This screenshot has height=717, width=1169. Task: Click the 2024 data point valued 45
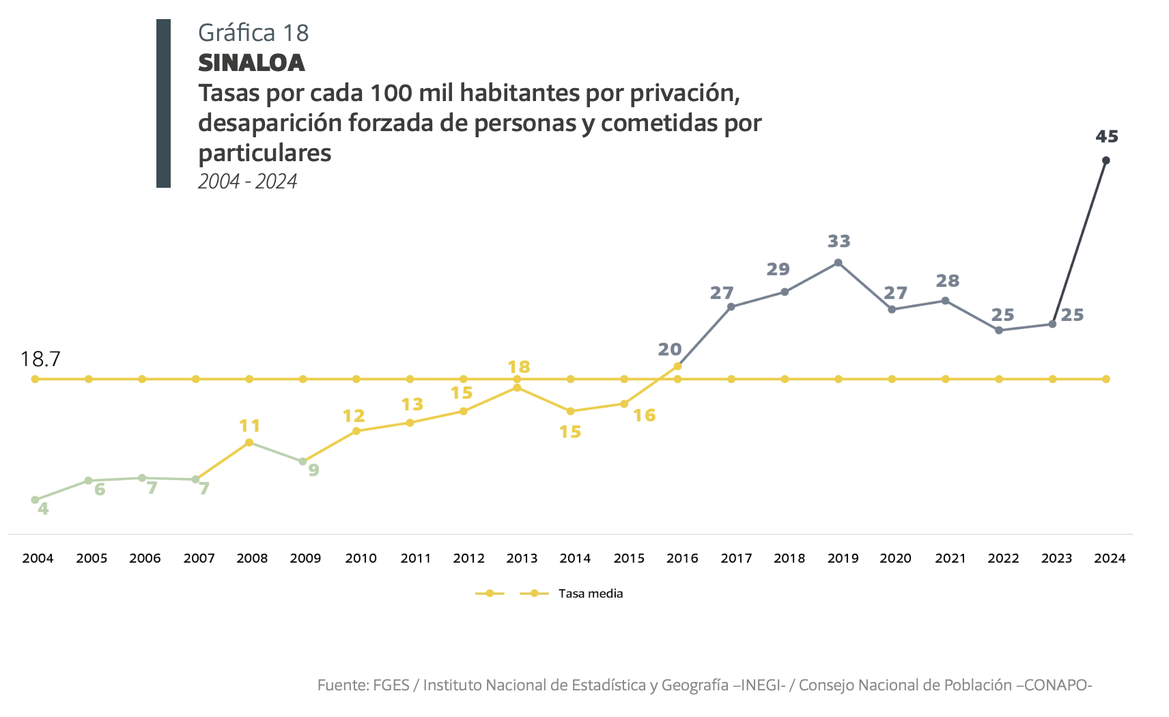coord(1105,160)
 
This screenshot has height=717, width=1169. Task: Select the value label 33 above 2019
coord(839,241)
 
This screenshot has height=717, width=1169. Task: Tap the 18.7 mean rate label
coord(40,358)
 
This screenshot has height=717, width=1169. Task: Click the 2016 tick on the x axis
coord(682,558)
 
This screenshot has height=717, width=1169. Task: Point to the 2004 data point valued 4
coord(35,500)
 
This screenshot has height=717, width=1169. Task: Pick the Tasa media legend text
coord(590,593)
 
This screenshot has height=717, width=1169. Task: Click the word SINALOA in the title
coord(251,63)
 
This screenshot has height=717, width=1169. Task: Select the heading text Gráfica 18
coord(253,32)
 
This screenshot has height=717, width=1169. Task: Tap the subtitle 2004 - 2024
coord(247,181)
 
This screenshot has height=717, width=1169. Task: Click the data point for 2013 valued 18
coord(517,388)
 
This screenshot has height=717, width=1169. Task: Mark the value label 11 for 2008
coord(250,426)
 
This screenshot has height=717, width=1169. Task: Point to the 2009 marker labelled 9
coord(302,462)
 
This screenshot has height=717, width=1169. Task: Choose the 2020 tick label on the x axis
coord(895,558)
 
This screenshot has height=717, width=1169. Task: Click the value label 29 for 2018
coord(778,269)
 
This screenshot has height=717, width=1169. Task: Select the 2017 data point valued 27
coord(731,307)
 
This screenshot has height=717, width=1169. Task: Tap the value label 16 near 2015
coord(644,415)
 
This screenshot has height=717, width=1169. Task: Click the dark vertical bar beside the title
coord(163,103)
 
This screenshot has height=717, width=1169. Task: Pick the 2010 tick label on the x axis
coord(361,558)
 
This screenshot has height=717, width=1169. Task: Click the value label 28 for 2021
coord(947,281)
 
